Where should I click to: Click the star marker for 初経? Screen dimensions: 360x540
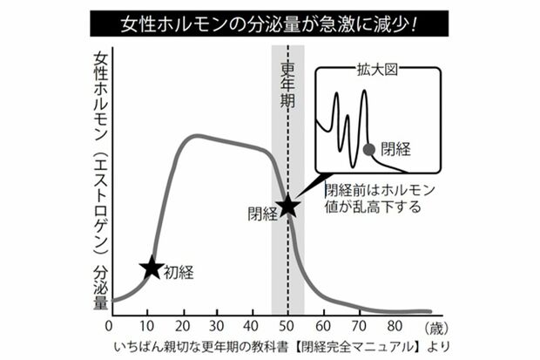[x=151, y=268]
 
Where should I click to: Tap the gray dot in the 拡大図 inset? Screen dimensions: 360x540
[x=368, y=150]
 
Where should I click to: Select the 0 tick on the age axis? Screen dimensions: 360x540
[x=109, y=327]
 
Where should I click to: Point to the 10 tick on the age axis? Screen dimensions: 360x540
[x=145, y=327]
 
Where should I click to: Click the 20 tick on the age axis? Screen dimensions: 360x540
[x=183, y=327]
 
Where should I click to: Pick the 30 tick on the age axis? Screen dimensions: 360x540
[x=220, y=327]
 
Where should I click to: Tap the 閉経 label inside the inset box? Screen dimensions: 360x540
[x=395, y=149]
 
